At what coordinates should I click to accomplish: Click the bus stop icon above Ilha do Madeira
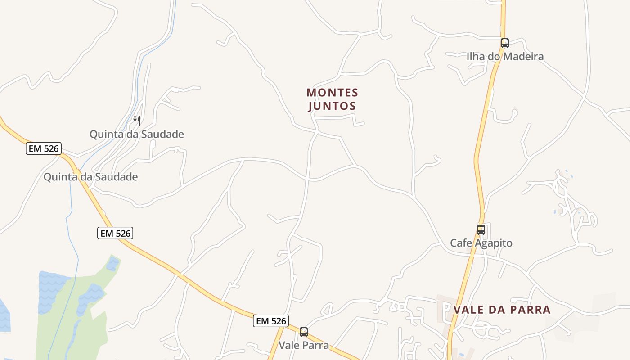[504, 43]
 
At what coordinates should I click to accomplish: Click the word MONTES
[332, 93]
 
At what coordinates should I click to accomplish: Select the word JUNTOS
[332, 106]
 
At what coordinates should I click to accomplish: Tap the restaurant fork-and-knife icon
[137, 121]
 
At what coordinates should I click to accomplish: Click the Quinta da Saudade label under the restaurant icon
[137, 134]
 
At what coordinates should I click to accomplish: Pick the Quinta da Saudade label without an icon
[90, 177]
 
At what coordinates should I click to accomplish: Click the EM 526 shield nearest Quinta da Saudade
[43, 148]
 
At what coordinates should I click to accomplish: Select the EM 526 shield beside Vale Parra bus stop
[270, 321]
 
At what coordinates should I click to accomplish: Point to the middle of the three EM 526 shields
[115, 233]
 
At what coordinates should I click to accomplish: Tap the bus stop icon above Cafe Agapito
[481, 230]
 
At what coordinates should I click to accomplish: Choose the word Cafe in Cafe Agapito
[461, 243]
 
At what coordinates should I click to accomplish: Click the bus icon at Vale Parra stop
[304, 332]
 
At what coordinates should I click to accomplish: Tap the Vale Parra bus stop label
[304, 346]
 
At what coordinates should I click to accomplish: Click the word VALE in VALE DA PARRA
[468, 310]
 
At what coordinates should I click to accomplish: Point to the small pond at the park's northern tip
[112, 264]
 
